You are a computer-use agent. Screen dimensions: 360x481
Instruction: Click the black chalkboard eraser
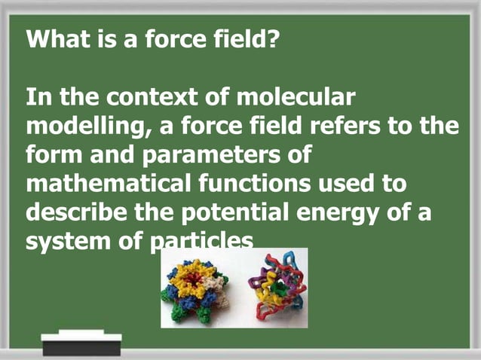pos(81,346)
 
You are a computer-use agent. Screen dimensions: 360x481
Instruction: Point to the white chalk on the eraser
pos(81,333)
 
